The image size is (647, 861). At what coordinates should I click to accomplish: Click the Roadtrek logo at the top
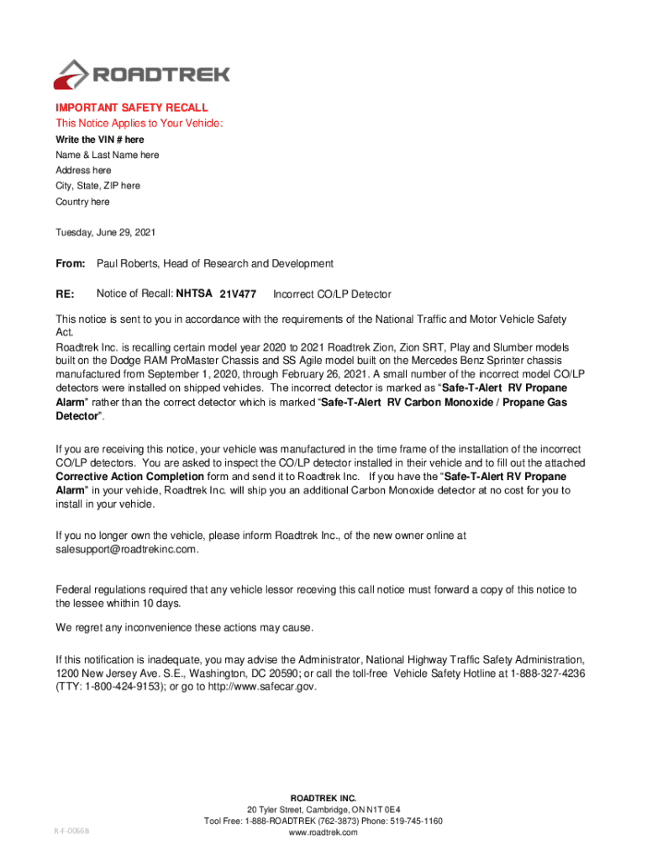[x=141, y=74]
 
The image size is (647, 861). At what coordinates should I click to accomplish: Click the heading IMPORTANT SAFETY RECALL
[x=131, y=108]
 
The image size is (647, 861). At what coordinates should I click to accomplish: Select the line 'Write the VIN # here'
[x=99, y=140]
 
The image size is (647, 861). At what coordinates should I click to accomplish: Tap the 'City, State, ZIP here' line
[x=97, y=186]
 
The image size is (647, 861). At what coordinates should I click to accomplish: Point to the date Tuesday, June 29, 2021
[x=105, y=232]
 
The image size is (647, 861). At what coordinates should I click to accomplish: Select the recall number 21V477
[x=238, y=295]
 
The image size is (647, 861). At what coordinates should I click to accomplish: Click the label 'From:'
[x=70, y=264]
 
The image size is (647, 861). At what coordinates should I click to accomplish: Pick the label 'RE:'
[x=66, y=294]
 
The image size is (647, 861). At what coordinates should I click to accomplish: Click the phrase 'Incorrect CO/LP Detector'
[x=332, y=295]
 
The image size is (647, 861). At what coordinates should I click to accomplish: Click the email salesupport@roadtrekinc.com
[x=127, y=549]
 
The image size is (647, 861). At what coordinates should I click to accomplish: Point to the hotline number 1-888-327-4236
[x=547, y=673]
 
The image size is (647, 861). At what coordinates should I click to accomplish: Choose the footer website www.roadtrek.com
[x=323, y=832]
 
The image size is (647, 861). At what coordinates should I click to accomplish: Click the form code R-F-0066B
[x=69, y=831]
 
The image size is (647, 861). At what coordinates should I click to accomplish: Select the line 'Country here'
[x=82, y=202]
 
